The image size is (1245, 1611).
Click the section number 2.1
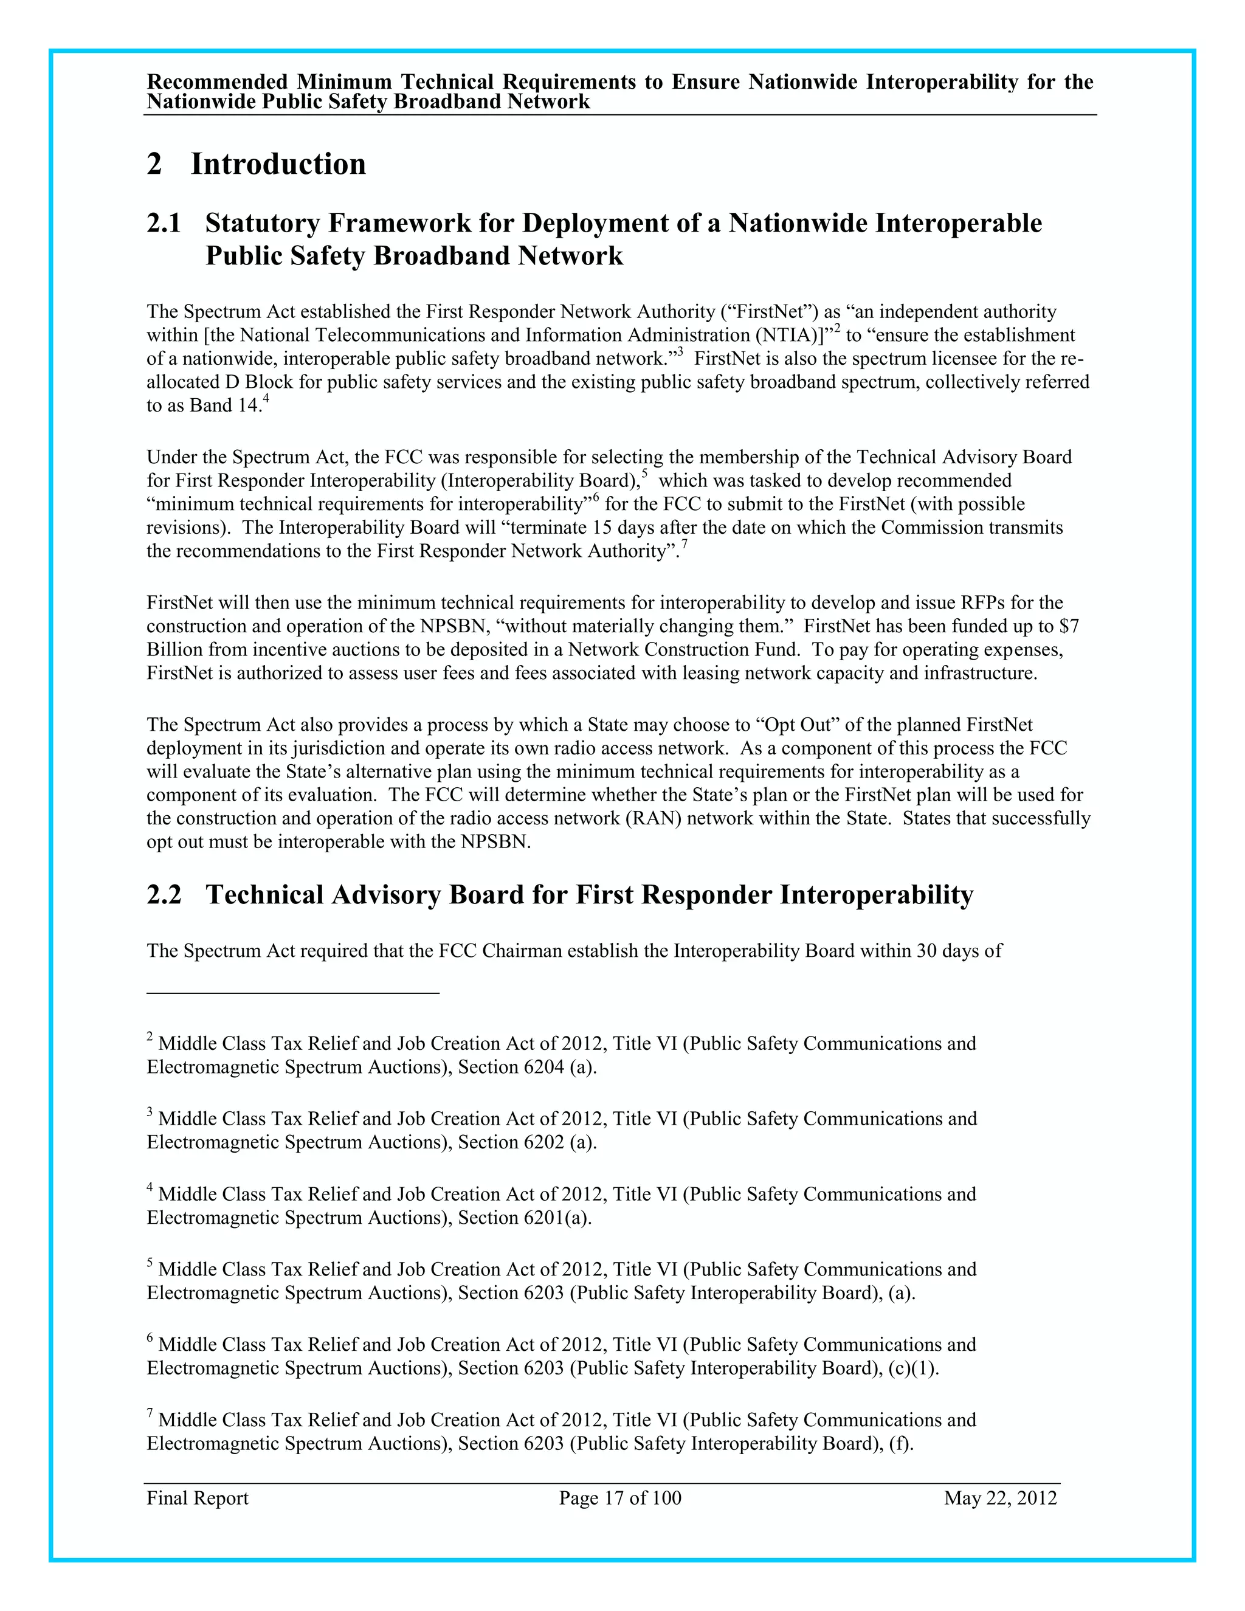pos(164,223)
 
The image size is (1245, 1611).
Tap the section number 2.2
pos(164,895)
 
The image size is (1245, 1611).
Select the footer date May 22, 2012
pos(1000,1498)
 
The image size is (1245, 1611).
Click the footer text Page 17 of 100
pos(619,1498)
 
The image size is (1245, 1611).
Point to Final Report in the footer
pos(198,1498)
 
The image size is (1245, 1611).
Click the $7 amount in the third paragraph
pos(1069,626)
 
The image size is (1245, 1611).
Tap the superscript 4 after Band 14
pos(266,400)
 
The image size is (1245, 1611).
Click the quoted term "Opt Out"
pos(799,725)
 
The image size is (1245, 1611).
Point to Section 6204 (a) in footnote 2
pos(526,1068)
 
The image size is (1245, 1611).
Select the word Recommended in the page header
pos(218,82)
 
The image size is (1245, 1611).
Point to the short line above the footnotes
pos(293,993)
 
